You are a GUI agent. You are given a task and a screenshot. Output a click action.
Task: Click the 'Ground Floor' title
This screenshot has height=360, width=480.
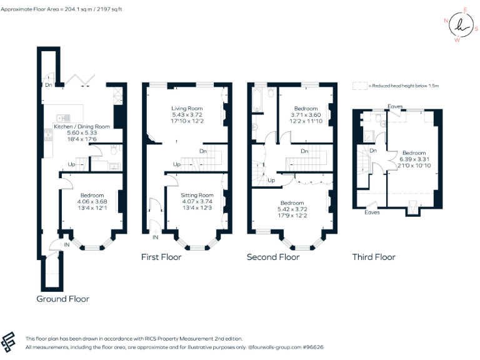click(62, 299)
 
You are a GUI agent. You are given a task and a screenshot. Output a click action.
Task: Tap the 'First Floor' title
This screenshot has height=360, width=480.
click(161, 257)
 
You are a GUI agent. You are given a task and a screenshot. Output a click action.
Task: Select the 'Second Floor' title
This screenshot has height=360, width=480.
click(272, 257)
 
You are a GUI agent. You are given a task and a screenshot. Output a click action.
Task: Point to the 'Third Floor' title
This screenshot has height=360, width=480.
click(374, 257)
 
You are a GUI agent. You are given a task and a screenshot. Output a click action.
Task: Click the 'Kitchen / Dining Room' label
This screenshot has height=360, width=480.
click(78, 127)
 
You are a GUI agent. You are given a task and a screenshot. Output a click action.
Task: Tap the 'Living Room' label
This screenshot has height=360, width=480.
click(187, 108)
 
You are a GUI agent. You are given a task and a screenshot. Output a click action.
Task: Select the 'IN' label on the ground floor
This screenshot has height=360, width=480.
click(67, 245)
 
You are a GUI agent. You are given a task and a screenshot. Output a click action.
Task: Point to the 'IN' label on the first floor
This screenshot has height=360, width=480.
click(154, 237)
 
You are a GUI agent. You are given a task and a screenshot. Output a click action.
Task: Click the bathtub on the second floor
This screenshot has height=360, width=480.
click(256, 100)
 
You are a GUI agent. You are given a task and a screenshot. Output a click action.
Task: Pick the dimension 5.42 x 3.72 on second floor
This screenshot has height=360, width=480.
click(292, 209)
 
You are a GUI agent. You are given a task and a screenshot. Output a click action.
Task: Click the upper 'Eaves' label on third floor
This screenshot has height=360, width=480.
click(395, 106)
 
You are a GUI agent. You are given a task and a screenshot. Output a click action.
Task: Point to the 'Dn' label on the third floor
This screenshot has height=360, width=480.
click(373, 151)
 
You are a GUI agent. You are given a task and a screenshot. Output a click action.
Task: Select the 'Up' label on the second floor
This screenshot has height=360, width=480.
click(271, 181)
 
